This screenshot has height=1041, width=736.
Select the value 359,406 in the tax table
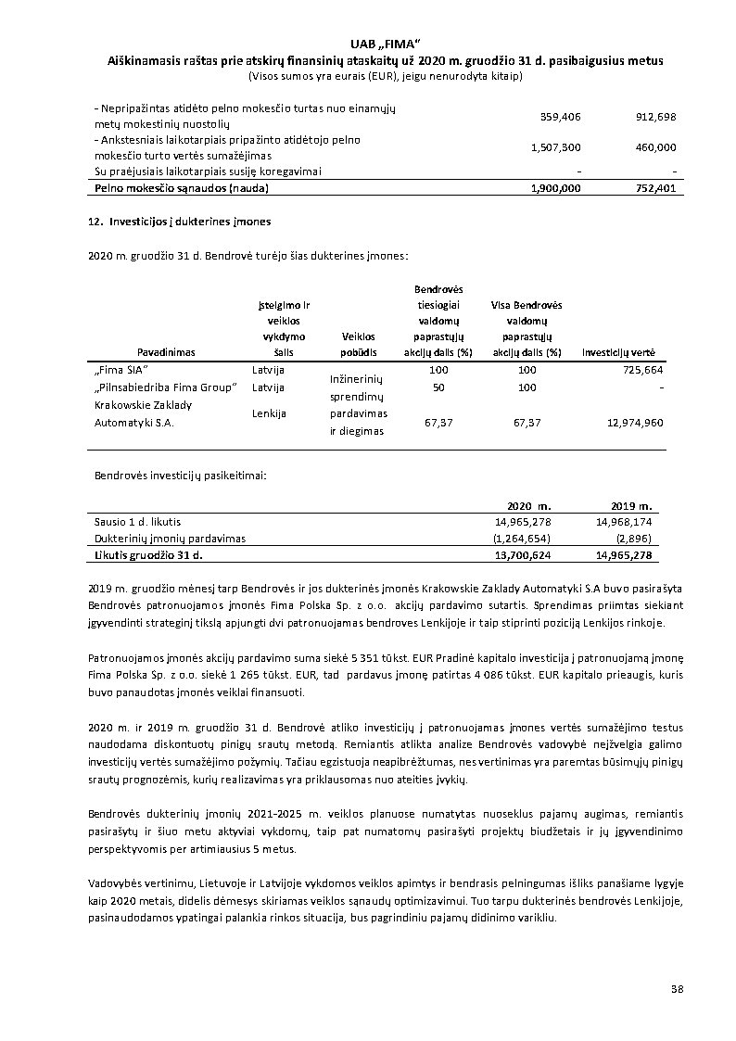click(560, 117)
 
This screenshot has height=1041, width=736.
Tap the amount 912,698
click(655, 117)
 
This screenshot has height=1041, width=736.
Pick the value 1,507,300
click(556, 147)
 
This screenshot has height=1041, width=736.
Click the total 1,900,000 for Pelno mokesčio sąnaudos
click(556, 187)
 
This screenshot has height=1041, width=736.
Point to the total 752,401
click(655, 187)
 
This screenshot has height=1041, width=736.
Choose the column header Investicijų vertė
click(618, 352)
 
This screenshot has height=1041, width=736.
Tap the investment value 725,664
click(641, 370)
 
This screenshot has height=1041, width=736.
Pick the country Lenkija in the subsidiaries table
click(269, 413)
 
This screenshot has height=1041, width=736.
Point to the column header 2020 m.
click(529, 506)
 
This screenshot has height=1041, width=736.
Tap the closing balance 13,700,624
click(524, 554)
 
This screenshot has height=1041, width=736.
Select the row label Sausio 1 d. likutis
click(132, 522)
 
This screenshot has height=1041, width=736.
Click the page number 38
click(678, 990)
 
